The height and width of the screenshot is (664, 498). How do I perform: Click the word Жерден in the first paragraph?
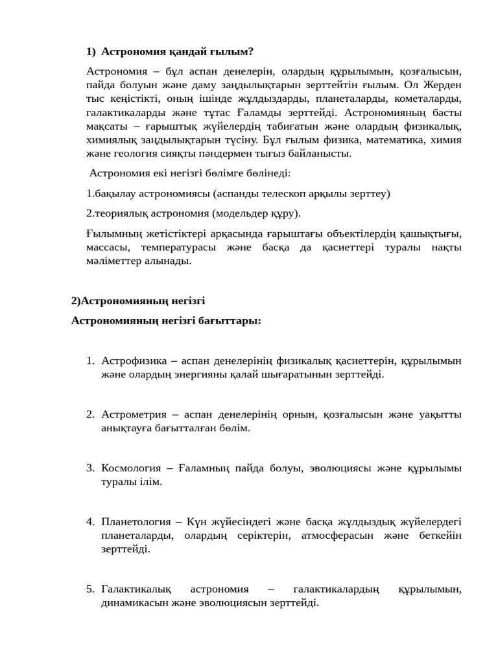[443, 85]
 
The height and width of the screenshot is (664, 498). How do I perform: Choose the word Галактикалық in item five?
[136, 589]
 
